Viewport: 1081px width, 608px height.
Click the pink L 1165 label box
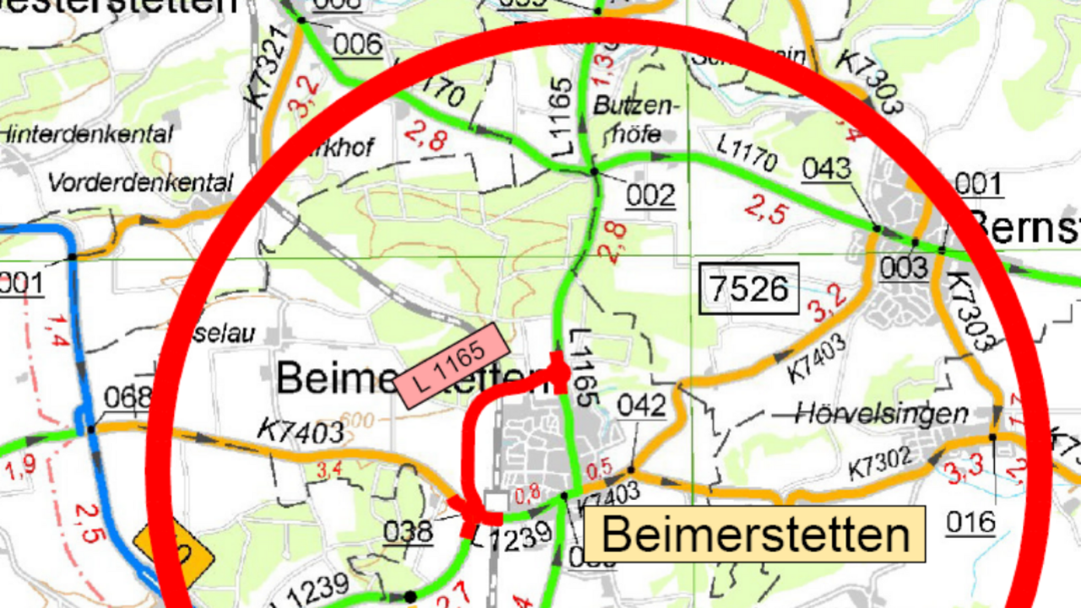coord(453,365)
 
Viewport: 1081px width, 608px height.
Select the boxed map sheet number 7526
coord(749,289)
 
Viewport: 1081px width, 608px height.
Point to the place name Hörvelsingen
coord(882,414)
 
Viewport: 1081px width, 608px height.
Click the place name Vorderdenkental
coord(139,182)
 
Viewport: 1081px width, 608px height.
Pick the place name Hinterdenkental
coord(86,134)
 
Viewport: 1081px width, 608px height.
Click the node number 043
coord(826,169)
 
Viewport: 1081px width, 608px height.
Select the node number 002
coord(650,196)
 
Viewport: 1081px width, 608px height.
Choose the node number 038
coord(408,532)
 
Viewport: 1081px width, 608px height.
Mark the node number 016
coord(970,523)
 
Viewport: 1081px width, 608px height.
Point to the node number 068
coord(128,397)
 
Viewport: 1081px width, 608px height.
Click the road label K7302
coord(881,462)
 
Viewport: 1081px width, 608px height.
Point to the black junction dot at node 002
coord(594,171)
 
